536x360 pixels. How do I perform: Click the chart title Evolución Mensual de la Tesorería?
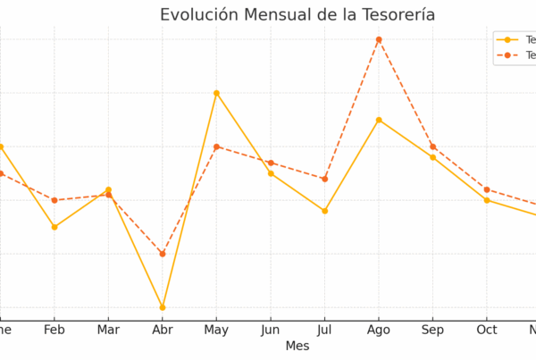[x=297, y=14]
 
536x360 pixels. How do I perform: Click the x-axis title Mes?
[x=297, y=346]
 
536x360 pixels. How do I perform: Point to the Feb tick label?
[x=54, y=329]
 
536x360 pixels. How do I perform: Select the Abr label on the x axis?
[x=162, y=329]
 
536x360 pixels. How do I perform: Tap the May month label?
[x=216, y=329]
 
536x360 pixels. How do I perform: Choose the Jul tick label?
[x=324, y=329]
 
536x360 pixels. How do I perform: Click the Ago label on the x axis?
[x=379, y=329]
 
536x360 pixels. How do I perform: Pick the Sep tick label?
[x=432, y=329]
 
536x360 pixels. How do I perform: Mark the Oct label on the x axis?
[x=487, y=329]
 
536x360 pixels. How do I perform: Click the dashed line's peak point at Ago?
[x=379, y=39]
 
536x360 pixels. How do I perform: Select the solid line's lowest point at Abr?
[x=163, y=307]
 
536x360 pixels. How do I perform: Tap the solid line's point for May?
[x=216, y=93]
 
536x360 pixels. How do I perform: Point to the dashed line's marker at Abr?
[x=163, y=254]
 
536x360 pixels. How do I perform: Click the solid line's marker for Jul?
[x=324, y=211]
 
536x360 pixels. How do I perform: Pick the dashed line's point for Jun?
[x=271, y=163]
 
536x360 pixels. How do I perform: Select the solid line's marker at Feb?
[x=54, y=227]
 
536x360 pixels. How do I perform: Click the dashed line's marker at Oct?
[x=487, y=189]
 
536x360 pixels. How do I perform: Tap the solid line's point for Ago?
[x=379, y=120]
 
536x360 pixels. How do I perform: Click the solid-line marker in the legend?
[x=508, y=39]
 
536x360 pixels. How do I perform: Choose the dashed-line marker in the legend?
[x=508, y=55]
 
